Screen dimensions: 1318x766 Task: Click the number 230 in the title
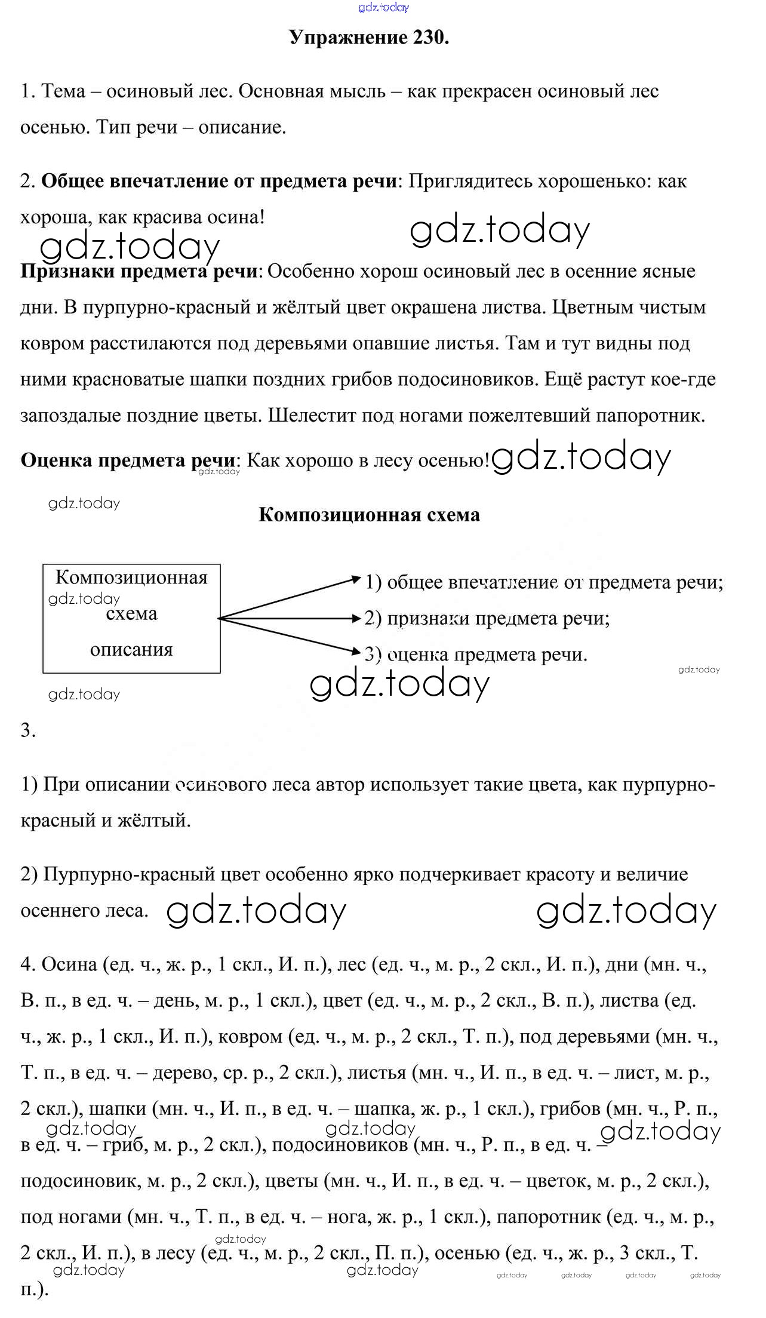coord(429,38)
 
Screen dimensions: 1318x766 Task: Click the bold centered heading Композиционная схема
coord(369,515)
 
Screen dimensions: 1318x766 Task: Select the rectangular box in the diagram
coord(131,618)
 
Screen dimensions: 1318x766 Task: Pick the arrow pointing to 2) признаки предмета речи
coord(290,619)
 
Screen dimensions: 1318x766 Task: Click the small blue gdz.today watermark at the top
coord(383,7)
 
